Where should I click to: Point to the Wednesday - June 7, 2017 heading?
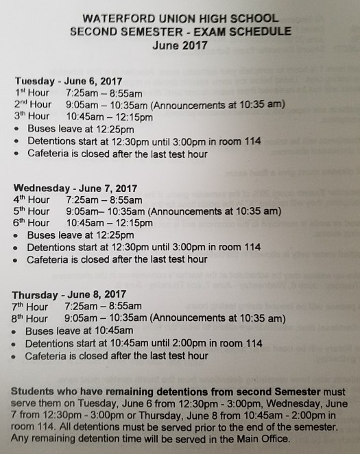click(75, 188)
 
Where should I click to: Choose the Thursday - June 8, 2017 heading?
click(71, 295)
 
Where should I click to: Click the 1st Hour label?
click(32, 92)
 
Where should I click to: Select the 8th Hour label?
click(29, 318)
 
